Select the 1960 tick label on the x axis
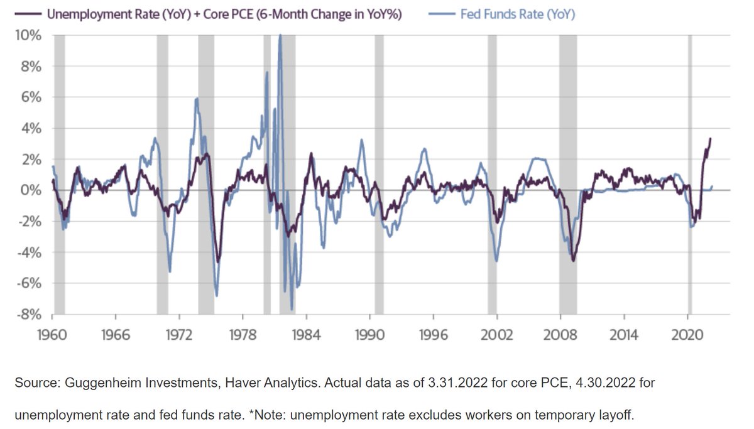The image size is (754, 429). click(x=51, y=334)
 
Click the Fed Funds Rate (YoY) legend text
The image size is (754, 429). click(x=517, y=14)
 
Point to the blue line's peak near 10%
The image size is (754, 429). click(x=280, y=36)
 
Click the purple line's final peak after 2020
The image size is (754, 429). click(x=710, y=139)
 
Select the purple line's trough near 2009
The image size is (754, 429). click(x=573, y=260)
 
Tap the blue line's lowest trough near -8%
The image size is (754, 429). click(x=292, y=309)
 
